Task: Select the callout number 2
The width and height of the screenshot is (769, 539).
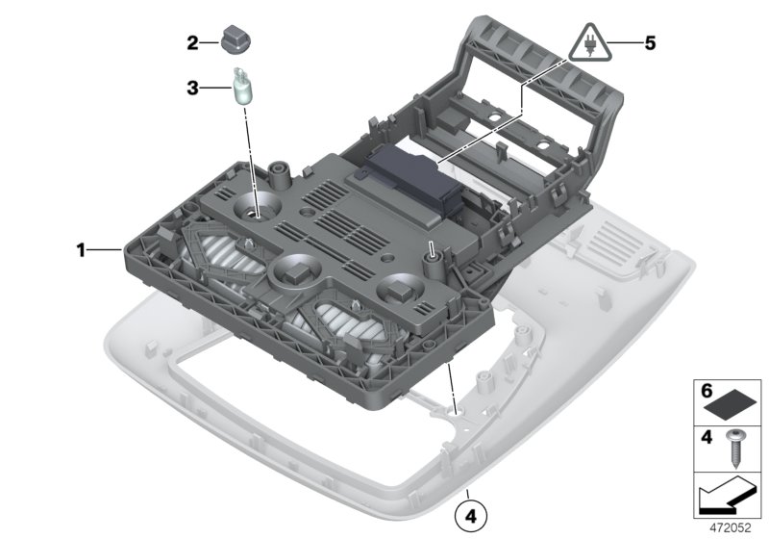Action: (193, 42)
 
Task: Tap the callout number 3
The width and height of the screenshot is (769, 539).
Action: (193, 89)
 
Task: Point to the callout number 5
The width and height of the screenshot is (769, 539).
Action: (650, 43)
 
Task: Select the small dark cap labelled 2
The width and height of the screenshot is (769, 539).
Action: (235, 41)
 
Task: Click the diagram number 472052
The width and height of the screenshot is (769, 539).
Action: (735, 527)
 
